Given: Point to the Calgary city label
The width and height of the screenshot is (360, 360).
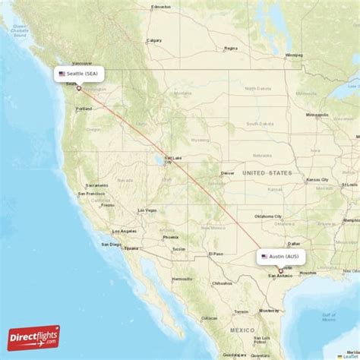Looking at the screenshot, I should tap(153, 40).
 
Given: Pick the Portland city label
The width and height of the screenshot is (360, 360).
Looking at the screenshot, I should tap(84, 109).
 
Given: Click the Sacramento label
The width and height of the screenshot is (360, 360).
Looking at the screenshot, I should tap(97, 185).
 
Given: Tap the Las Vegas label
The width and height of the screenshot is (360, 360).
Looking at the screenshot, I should tap(147, 210).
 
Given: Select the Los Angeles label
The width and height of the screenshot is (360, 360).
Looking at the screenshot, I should tap(125, 231).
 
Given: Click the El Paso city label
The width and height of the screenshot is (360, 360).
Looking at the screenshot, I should tap(216, 254).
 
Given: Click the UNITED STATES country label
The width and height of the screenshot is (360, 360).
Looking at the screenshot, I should tap(267, 173).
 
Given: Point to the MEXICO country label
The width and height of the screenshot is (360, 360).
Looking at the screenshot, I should tap(244, 330).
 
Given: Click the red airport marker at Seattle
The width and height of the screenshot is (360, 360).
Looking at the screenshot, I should tap(78, 88).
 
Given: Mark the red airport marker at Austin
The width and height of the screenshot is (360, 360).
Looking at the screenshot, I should tap(280, 270).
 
